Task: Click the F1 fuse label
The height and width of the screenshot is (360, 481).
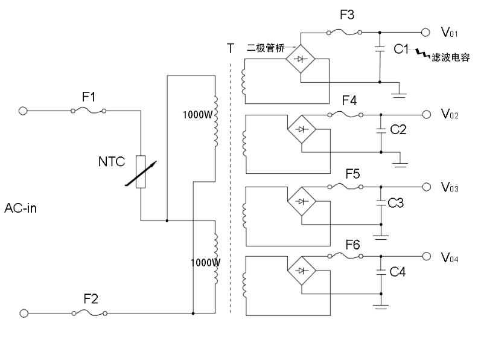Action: pos(88,96)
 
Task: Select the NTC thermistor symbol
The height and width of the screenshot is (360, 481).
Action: pos(141,172)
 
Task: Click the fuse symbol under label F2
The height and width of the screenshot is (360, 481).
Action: pos(88,313)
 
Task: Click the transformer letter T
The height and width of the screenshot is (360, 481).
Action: pos(229,49)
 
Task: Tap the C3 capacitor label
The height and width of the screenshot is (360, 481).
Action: pos(396,204)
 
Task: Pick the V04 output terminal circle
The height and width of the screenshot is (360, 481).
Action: pos(426,256)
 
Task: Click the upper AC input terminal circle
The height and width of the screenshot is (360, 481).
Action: pos(24,111)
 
